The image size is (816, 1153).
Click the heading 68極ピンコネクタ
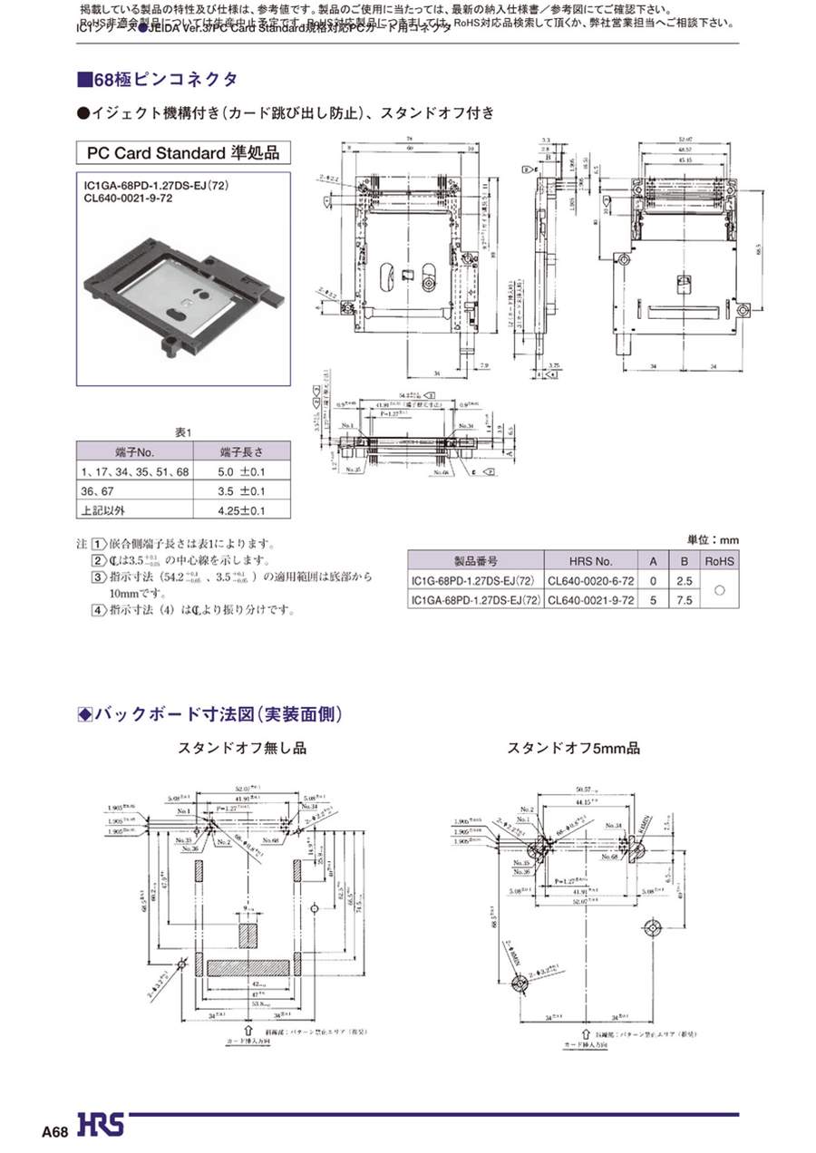(158, 80)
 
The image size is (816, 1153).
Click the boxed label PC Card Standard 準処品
(183, 151)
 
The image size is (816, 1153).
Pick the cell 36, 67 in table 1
(94, 490)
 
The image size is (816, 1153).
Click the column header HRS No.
(591, 561)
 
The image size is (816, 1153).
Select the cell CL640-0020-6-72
(591, 581)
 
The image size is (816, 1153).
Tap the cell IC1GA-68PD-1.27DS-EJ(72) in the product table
(476, 600)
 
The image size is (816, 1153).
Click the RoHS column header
(720, 561)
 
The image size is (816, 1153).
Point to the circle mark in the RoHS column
(720, 590)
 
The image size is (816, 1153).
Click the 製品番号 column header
(476, 561)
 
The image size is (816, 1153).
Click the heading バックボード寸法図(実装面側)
(210, 714)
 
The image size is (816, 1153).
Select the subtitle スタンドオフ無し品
(241, 749)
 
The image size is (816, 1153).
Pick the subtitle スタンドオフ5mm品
(573, 749)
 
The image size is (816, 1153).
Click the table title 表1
(183, 432)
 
